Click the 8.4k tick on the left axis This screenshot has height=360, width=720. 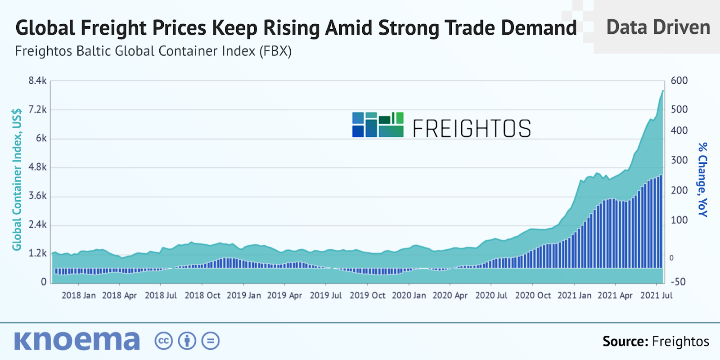[37, 81]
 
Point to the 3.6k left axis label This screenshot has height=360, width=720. [37, 196]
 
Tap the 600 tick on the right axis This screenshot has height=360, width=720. [679, 81]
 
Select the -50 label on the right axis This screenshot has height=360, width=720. [678, 282]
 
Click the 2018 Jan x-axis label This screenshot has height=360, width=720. [78, 296]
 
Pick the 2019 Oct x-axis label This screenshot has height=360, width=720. [367, 296]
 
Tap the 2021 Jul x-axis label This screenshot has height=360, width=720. [656, 296]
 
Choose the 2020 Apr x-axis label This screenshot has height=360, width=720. [450, 296]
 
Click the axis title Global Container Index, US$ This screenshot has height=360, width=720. [17, 180]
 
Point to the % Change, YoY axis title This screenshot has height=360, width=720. [702, 180]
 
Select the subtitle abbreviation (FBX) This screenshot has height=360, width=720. [275, 51]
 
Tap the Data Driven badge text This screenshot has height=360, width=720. [658, 27]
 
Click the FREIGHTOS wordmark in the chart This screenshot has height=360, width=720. [472, 128]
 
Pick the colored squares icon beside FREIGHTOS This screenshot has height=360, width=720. [378, 125]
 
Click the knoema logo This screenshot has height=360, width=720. [77, 341]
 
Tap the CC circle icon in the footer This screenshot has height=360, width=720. [163, 341]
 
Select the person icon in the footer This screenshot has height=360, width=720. [187, 341]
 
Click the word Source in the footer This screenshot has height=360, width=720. [625, 342]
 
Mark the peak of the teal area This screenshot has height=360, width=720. [663, 90]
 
